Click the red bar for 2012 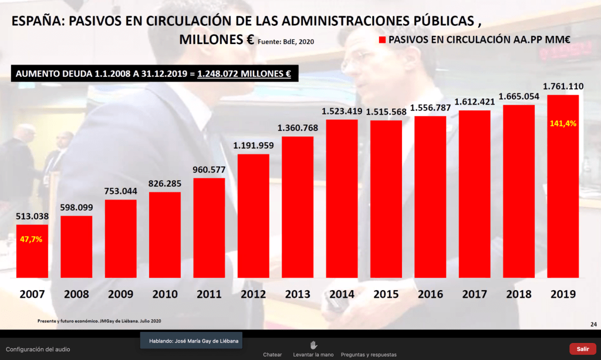(253, 216)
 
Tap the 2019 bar (563, 186)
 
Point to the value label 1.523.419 (342, 110)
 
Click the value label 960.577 (209, 170)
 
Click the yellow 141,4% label (563, 124)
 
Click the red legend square (382, 40)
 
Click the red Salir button (582, 349)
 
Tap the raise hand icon (313, 345)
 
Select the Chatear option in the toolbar (272, 355)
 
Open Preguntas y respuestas (368, 355)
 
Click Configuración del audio (38, 349)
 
